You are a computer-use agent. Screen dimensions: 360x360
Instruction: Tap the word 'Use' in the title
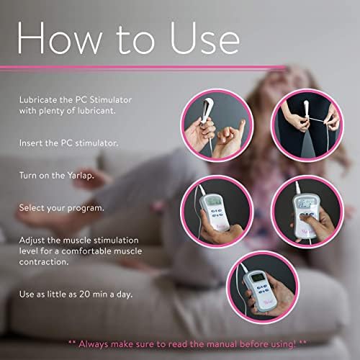[204, 37]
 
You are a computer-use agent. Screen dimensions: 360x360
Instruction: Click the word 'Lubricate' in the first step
[38, 100]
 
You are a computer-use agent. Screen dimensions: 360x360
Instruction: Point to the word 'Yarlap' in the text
[80, 176]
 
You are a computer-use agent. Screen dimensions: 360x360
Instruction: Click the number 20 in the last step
[84, 294]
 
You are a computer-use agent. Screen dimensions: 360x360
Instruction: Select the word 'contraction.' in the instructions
[44, 262]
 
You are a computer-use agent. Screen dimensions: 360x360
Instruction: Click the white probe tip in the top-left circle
[208, 109]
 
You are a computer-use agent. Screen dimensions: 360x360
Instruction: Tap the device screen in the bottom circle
[256, 278]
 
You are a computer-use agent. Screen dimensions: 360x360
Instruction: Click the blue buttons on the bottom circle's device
[262, 289]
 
